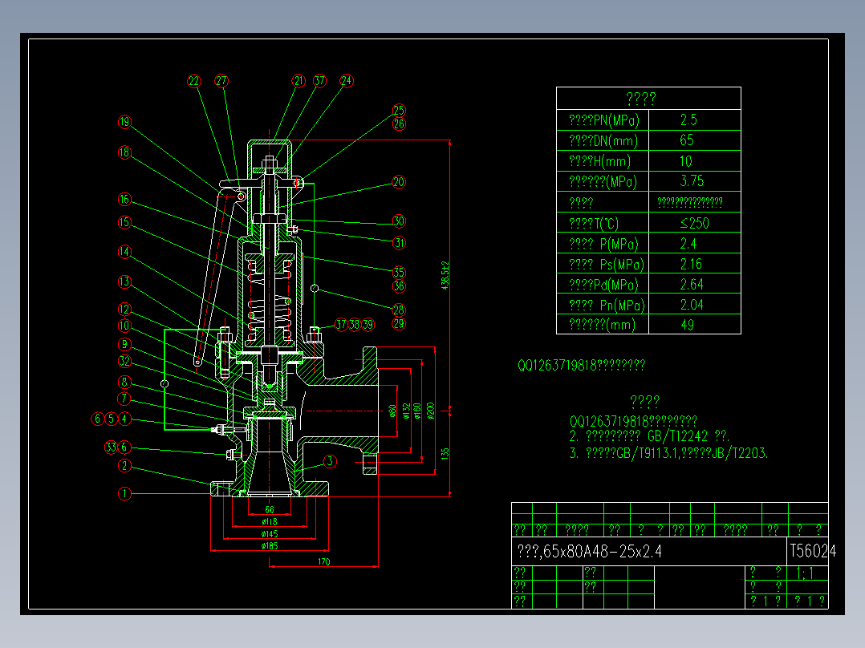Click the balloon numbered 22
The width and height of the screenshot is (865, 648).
tap(193, 81)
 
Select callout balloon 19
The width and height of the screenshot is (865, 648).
tap(124, 123)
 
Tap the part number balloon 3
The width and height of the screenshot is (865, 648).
tap(329, 461)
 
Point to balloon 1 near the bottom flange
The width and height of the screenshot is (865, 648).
tap(124, 494)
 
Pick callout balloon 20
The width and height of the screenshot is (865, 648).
tap(399, 182)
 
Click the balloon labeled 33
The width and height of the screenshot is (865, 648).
tap(111, 448)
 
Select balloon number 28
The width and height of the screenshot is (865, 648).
tap(399, 310)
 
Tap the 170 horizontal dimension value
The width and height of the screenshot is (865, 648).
tap(324, 561)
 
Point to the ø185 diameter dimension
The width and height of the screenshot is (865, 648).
tap(270, 546)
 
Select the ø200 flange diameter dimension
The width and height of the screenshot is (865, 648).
tap(431, 411)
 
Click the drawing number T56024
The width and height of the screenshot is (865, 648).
tap(812, 551)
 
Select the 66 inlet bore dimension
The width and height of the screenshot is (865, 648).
tap(270, 510)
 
